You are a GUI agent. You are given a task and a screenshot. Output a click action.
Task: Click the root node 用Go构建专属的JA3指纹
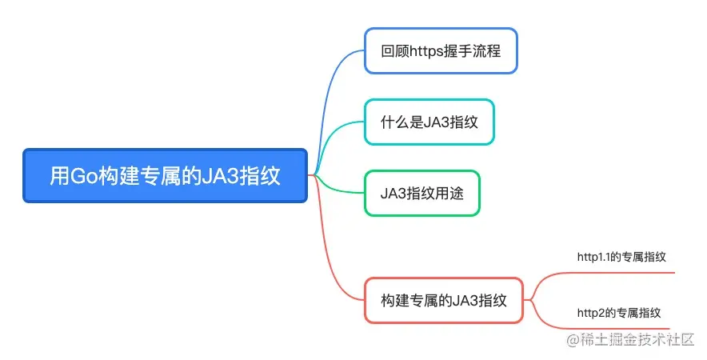click(165, 175)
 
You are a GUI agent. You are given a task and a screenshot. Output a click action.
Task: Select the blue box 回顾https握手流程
click(441, 50)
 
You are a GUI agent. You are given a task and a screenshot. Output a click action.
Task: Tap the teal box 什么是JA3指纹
click(429, 122)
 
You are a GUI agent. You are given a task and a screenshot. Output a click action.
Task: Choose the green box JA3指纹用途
click(422, 193)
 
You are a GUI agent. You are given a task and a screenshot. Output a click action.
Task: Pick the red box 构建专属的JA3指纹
click(444, 300)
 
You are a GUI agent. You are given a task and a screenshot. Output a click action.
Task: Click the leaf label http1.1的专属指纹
click(621, 257)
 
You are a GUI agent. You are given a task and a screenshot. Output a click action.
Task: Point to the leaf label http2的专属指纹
click(618, 312)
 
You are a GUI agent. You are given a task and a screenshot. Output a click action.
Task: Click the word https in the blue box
click(425, 50)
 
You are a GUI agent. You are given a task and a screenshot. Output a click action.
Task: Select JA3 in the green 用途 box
click(394, 193)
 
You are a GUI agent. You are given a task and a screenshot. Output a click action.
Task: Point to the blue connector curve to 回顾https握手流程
click(336, 88)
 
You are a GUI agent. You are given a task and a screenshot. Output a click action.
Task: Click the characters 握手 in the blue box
click(461, 50)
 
